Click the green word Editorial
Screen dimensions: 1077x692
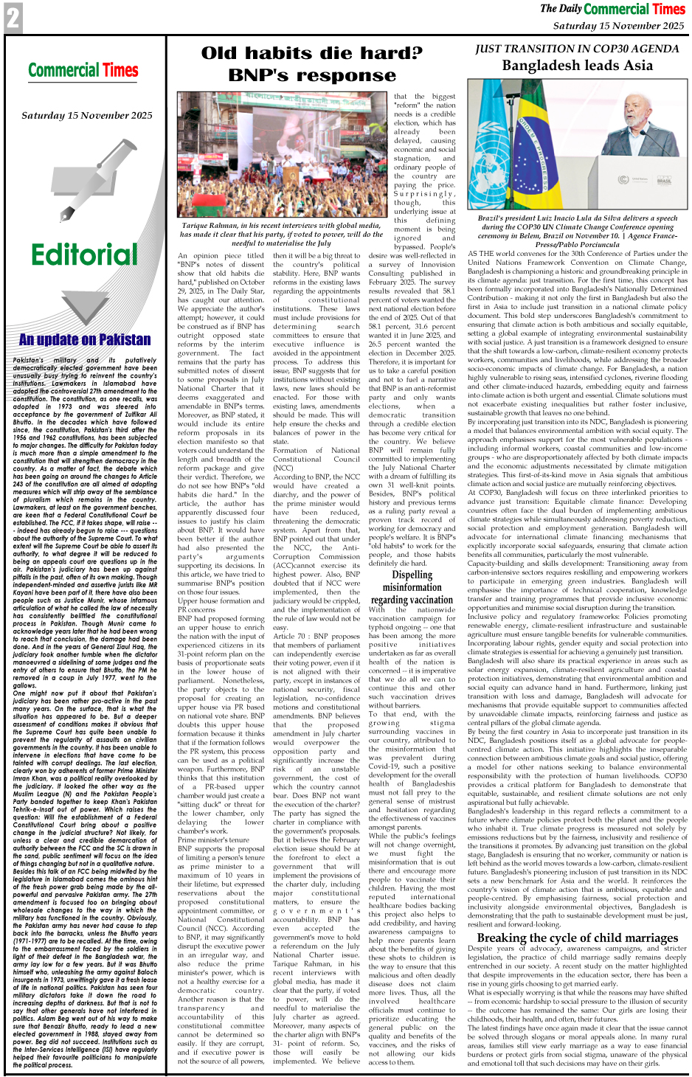tap(84, 254)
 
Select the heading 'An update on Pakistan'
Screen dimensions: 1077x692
tap(85, 339)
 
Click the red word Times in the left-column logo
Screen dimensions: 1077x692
tap(121, 71)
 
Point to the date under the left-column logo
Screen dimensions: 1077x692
tap(87, 115)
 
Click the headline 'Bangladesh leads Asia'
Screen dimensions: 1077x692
tap(577, 66)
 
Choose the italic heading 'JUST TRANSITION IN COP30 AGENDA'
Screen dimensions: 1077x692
tap(577, 49)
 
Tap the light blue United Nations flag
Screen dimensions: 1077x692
tap(491, 140)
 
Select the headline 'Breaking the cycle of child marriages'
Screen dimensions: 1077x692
tap(578, 938)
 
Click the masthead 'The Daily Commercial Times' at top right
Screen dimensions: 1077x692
tap(612, 9)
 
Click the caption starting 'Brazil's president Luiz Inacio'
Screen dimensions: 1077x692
tap(578, 232)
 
